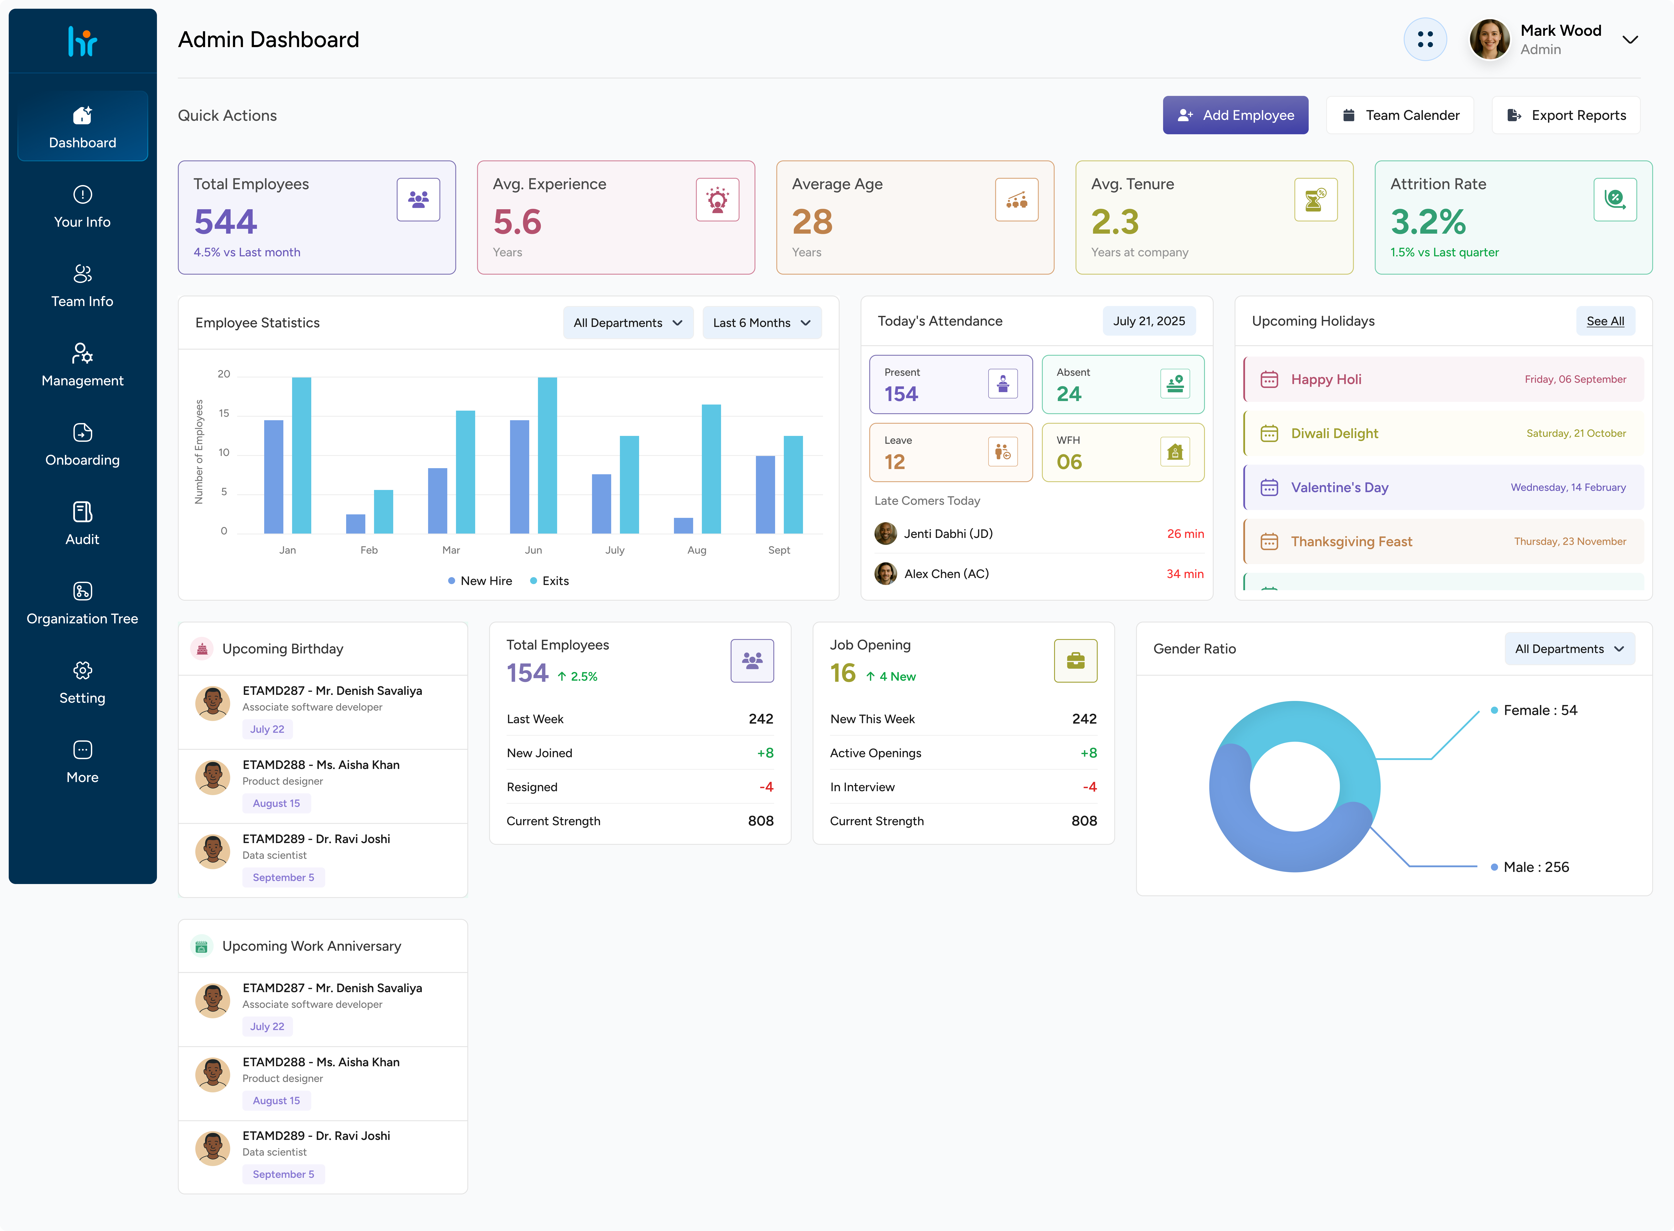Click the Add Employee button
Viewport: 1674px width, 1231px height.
[1235, 116]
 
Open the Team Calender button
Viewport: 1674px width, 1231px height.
[1400, 116]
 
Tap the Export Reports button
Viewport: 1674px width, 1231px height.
[1566, 116]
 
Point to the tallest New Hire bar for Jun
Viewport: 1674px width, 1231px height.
[519, 477]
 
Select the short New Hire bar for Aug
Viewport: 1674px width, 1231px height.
[683, 525]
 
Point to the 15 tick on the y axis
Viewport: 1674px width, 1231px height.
[223, 413]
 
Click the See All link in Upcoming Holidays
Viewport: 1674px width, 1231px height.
[1606, 321]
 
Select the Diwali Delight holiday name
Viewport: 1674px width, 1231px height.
[1334, 434]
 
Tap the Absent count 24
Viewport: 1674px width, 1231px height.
[1069, 394]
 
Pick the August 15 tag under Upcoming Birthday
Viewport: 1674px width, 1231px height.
[276, 803]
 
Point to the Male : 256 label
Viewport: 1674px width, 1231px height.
[1536, 867]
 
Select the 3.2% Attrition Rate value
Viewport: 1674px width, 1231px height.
[1428, 222]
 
